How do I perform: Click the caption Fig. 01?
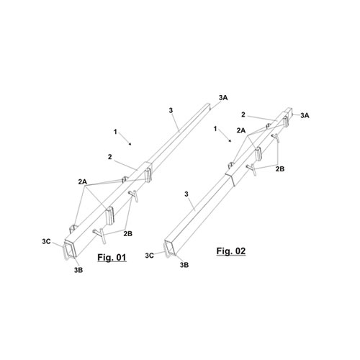click(112, 258)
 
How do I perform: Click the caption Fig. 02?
click(231, 251)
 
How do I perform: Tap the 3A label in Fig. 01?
click(223, 98)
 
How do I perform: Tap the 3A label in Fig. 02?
click(305, 115)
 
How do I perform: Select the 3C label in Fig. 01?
click(46, 241)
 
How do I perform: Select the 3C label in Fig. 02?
click(149, 256)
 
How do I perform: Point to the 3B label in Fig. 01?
click(78, 270)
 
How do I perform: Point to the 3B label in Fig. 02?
click(184, 265)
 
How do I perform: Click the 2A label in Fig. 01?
click(82, 181)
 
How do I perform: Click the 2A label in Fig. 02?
click(241, 130)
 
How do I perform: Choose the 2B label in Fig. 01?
click(128, 233)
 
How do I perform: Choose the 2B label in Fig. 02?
click(280, 169)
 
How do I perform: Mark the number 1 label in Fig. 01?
click(115, 132)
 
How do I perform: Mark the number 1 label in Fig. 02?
click(215, 129)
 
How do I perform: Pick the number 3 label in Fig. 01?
click(171, 110)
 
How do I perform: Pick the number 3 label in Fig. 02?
click(186, 194)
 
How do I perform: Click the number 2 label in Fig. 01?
click(110, 157)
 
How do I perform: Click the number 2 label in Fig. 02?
click(243, 114)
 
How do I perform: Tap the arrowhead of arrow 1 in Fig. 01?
click(130, 144)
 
